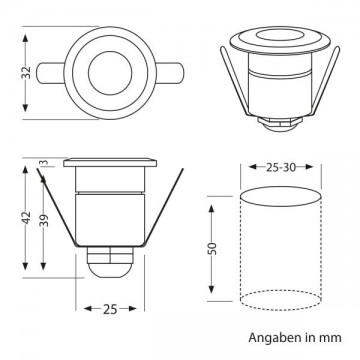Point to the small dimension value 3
pos(43,163)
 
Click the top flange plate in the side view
pos(110,163)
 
